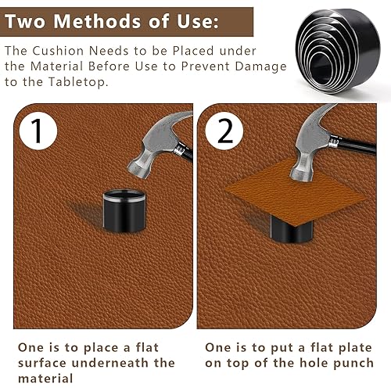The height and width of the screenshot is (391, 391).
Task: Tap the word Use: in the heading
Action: pos(198,21)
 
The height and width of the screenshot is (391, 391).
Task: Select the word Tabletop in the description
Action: pos(78,82)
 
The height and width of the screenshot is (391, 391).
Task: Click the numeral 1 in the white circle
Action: pos(37,131)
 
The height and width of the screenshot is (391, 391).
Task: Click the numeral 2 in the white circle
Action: pos(224,131)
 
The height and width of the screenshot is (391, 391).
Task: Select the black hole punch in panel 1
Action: pos(124,210)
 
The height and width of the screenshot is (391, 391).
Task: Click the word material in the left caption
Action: pos(45,378)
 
